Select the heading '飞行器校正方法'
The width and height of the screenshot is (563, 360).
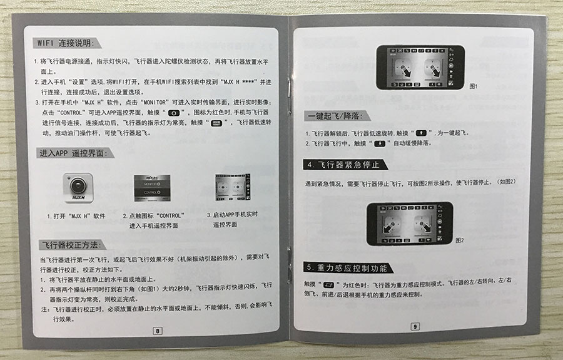[x=72, y=244]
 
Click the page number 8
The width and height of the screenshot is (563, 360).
[x=158, y=330]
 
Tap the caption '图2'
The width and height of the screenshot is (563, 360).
[x=460, y=240]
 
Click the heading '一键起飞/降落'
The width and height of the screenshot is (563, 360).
[x=335, y=116]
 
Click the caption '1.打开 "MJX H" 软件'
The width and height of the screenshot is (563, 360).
[x=76, y=216]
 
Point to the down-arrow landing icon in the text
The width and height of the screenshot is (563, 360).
[x=378, y=143]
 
